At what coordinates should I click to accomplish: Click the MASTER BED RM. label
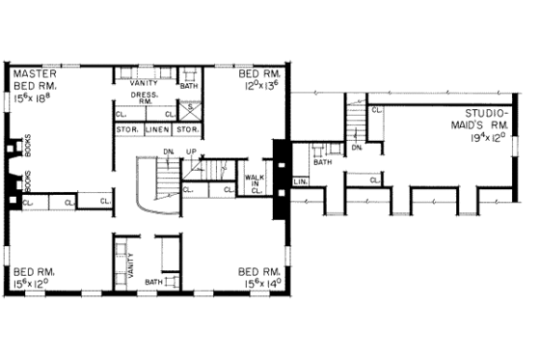31,80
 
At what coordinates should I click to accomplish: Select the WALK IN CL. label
255,183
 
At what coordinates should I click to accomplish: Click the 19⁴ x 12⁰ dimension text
487,139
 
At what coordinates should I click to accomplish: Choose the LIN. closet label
299,180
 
